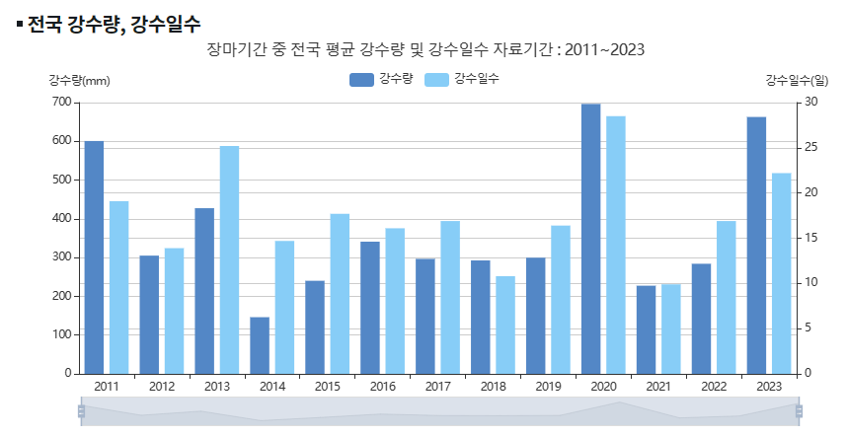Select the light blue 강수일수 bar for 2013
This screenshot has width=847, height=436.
(229, 259)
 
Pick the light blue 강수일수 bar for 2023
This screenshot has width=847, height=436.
(781, 273)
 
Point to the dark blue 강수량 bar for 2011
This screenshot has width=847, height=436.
(94, 257)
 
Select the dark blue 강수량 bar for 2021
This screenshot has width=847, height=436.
(646, 329)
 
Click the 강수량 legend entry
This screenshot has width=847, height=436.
(381, 79)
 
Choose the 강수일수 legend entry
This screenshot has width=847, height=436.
(461, 79)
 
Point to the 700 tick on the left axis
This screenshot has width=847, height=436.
(60, 102)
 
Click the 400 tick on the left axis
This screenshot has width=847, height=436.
(60, 218)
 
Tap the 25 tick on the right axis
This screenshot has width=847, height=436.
(810, 147)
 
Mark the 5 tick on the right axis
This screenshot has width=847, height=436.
(808, 328)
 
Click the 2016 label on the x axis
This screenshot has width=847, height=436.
(383, 387)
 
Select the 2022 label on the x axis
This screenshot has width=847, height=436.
(714, 387)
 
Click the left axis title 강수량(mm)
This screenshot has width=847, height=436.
(79, 80)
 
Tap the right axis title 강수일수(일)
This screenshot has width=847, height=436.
(797, 80)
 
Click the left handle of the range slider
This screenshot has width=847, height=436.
(81, 411)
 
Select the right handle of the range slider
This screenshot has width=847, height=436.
(799, 411)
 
